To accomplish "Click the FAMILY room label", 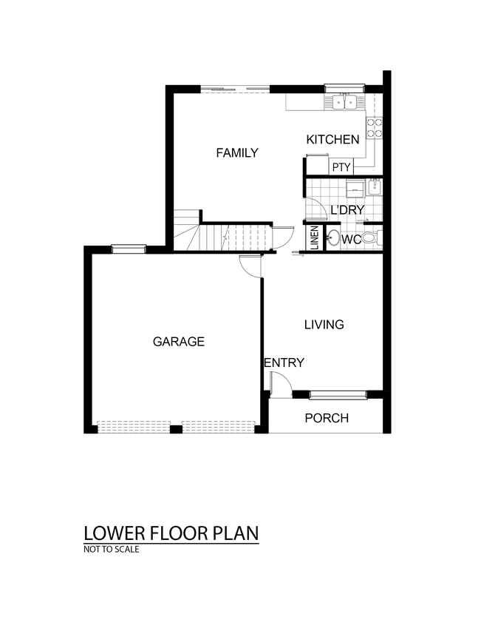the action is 237,153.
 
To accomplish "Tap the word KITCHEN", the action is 332,140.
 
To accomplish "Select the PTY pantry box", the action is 341,167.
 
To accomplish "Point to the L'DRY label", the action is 347,209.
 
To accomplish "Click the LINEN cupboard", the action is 315,237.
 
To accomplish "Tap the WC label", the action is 351,240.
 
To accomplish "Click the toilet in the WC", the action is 372,238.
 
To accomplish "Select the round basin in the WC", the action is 332,238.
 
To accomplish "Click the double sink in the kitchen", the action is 345,102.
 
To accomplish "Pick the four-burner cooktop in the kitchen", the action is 374,127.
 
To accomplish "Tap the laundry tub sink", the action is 375,187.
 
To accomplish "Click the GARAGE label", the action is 179,342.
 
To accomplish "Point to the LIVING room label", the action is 324,324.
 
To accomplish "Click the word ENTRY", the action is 284,362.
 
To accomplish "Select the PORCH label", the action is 327,418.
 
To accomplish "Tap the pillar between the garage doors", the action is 176,429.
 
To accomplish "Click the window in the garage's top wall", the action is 129,249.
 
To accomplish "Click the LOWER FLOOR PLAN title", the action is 171,533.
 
